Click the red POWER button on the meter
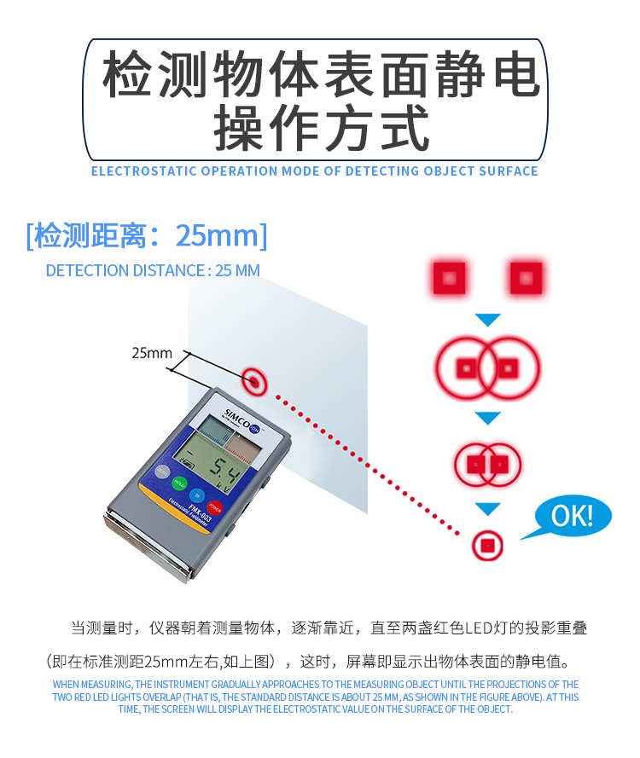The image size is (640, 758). (214, 508)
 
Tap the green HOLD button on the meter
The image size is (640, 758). (179, 483)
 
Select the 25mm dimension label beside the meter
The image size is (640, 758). (152, 353)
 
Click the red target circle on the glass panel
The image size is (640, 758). (254, 381)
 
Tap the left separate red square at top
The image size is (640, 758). (449, 278)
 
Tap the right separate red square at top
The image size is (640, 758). (526, 278)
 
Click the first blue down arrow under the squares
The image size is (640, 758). (487, 320)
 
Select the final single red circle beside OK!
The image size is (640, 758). (487, 546)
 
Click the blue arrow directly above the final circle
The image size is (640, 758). (487, 509)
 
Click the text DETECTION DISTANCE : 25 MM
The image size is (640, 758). (153, 270)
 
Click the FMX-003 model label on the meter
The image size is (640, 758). (200, 513)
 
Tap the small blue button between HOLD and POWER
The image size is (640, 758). (197, 495)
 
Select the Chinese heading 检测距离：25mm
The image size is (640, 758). (147, 236)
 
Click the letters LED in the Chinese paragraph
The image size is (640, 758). (480, 628)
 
